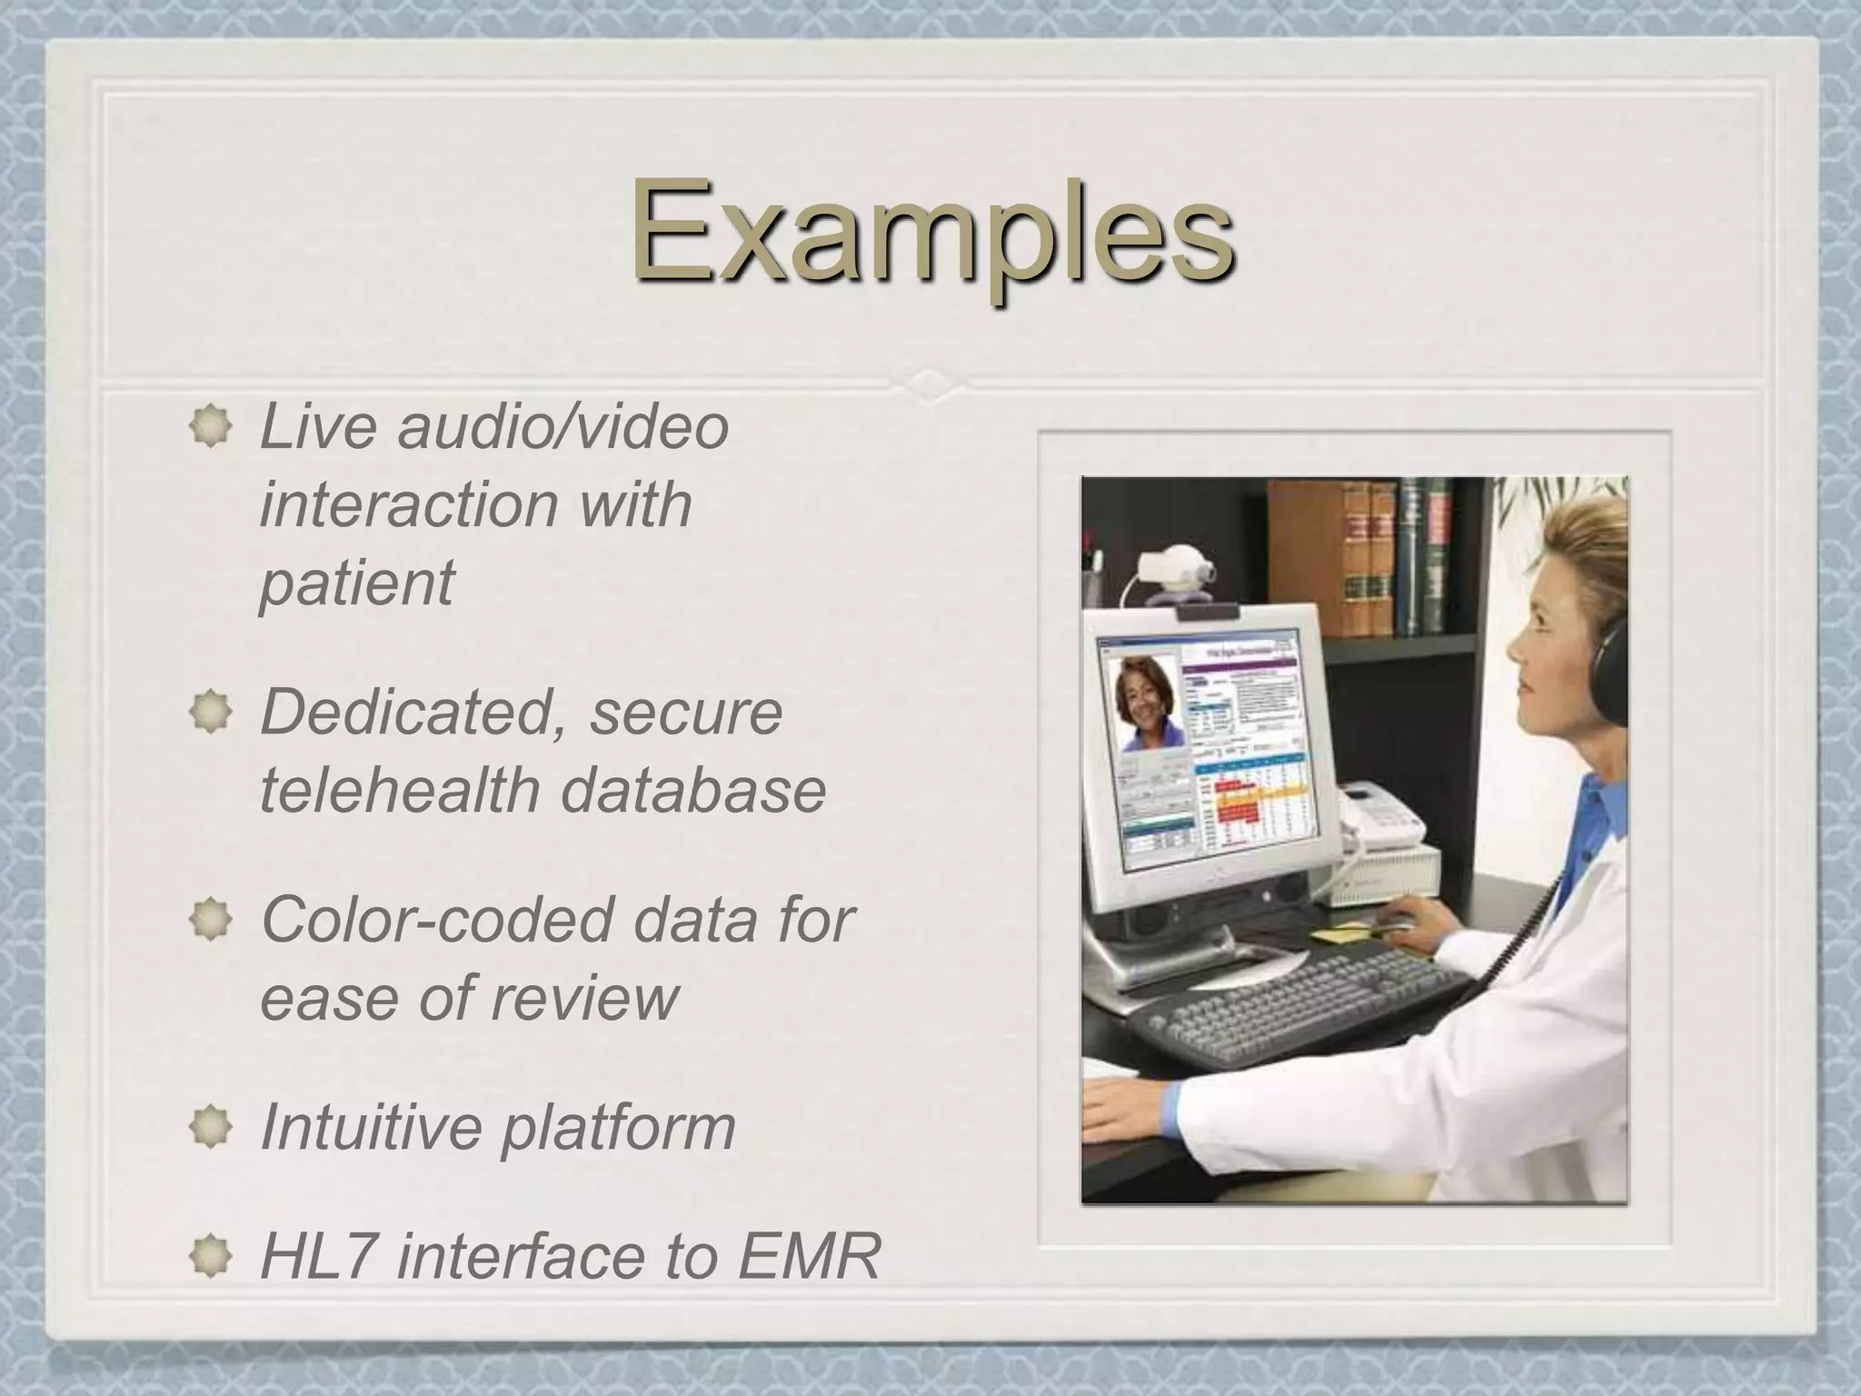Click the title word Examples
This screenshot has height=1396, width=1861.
pos(932,231)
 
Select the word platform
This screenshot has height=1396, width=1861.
pos(619,1127)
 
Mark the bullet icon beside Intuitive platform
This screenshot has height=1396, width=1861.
pos(211,1127)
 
